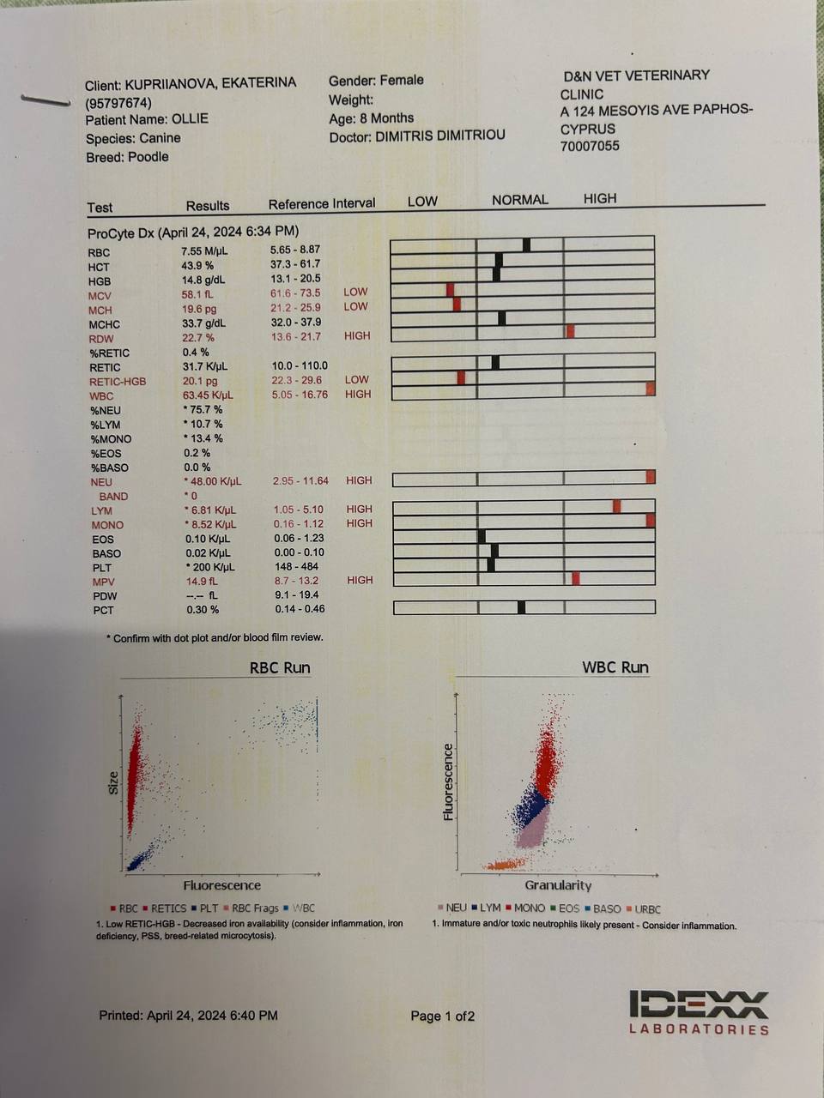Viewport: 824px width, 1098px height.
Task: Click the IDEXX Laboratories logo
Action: (x=698, y=1012)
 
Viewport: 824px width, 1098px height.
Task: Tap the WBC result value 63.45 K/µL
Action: (x=207, y=395)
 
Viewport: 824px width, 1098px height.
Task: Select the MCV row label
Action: (x=100, y=295)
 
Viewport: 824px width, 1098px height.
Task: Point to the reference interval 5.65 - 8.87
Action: (x=294, y=250)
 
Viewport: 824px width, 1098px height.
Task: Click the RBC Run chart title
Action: (x=280, y=668)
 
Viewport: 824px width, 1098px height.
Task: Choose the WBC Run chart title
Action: (x=615, y=667)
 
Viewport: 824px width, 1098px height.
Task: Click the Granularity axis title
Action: (x=558, y=885)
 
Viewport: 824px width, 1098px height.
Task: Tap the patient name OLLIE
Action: (x=190, y=119)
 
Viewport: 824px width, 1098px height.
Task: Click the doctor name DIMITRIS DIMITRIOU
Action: (x=440, y=136)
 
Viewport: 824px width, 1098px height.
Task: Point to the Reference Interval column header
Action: (x=322, y=204)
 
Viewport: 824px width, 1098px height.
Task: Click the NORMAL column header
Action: (x=519, y=200)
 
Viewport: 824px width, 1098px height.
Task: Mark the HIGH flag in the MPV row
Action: (x=360, y=581)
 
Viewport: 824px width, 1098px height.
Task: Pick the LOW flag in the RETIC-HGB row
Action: (x=356, y=379)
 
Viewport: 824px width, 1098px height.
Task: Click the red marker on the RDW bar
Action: (x=570, y=331)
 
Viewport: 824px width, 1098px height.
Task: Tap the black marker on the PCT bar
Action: (x=522, y=607)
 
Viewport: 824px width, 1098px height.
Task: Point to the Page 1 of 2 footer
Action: (x=442, y=1017)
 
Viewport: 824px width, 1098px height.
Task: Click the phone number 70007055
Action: (x=590, y=146)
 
